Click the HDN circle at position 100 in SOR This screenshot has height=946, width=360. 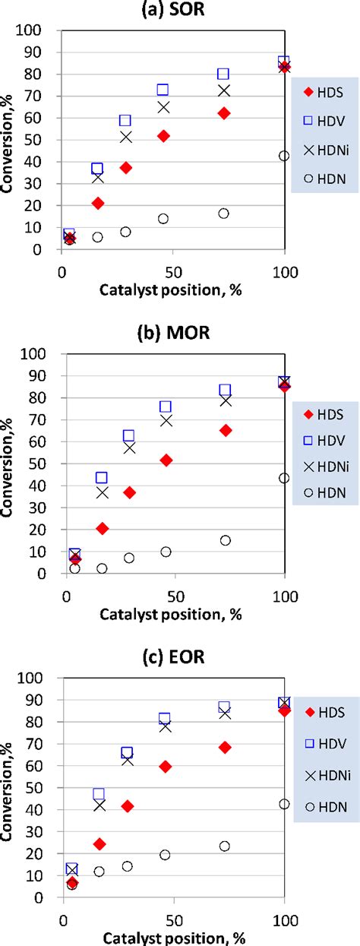tap(284, 156)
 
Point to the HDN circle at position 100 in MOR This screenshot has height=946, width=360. tap(284, 478)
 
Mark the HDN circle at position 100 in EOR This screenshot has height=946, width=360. tap(284, 804)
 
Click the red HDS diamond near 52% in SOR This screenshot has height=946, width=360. tap(163, 136)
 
